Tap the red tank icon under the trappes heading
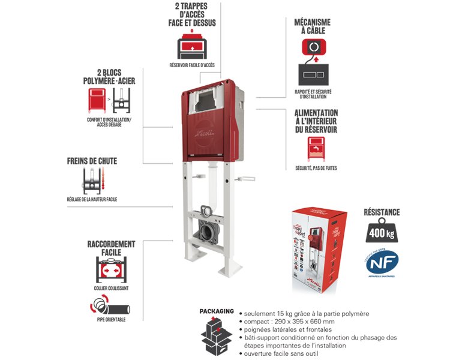[x=192, y=46]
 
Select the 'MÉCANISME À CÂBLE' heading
[x=312, y=26]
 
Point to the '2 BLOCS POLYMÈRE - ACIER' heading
[x=104, y=76]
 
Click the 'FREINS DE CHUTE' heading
[x=92, y=161]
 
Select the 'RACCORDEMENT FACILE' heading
[x=111, y=248]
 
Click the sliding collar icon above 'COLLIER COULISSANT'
[x=111, y=270]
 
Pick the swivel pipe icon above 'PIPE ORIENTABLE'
[x=110, y=308]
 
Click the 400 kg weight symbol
[x=381, y=231]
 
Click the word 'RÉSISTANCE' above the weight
[x=381, y=212]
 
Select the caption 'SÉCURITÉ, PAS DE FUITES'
[x=316, y=169]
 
